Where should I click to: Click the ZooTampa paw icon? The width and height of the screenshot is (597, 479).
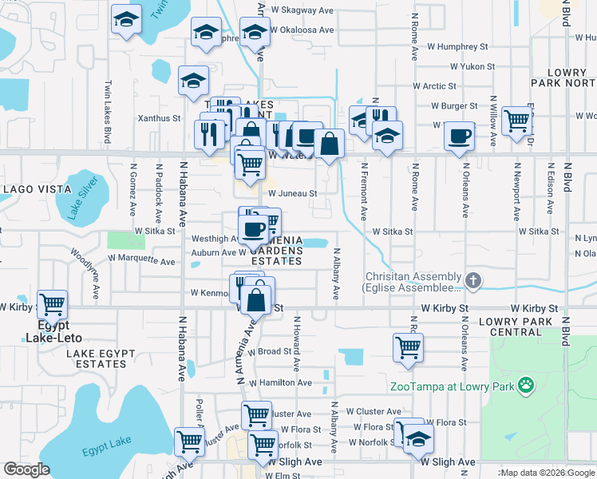[525, 387]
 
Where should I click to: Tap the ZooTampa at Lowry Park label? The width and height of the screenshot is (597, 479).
[452, 388]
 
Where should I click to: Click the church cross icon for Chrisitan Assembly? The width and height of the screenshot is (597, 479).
[474, 280]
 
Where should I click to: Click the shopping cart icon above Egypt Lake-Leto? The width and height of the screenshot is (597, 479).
[52, 303]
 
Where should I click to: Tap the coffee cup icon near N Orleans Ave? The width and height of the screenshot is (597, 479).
[459, 135]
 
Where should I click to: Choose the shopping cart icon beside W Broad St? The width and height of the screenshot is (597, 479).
[408, 346]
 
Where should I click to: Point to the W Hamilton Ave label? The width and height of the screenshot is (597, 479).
[279, 383]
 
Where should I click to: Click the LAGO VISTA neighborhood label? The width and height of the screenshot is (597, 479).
[34, 189]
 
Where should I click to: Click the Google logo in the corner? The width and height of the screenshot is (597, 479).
[27, 469]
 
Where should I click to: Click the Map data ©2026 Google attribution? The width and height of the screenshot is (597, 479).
[547, 473]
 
